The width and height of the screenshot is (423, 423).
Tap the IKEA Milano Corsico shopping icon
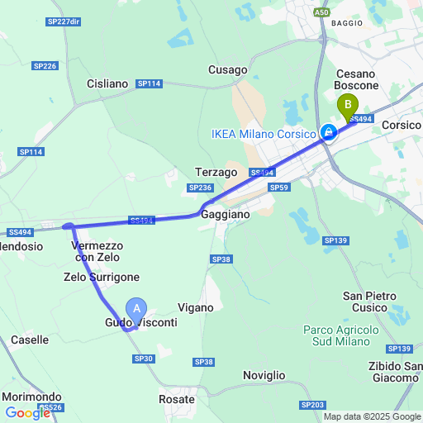[328, 133]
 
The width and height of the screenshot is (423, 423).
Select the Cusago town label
[228, 70]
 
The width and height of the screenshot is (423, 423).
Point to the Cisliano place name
[107, 83]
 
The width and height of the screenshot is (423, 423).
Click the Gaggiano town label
[225, 213]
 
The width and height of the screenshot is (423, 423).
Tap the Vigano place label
[195, 307]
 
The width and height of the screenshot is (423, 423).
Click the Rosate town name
[176, 399]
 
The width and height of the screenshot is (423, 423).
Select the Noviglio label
[264, 375]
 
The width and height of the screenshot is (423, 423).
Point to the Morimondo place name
[31, 397]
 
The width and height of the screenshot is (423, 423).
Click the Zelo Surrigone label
[102, 277]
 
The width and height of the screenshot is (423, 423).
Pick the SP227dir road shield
[64, 21]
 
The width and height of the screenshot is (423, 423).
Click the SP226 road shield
[45, 66]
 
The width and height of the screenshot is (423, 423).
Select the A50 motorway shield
[322, 12]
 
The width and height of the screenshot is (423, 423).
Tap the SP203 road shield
[313, 404]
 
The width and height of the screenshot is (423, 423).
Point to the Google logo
[27, 412]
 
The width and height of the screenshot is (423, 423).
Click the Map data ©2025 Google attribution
[373, 416]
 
